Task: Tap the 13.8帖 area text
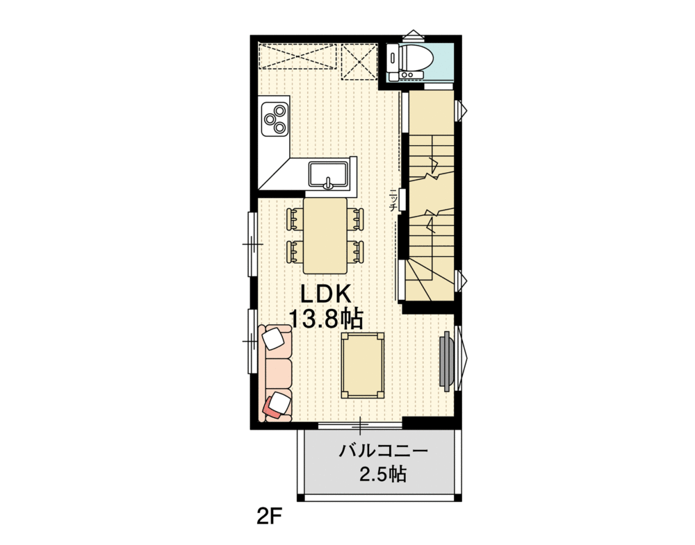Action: click(325, 319)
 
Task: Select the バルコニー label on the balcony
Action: click(383, 451)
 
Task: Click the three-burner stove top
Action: click(275, 118)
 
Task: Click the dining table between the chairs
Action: click(325, 235)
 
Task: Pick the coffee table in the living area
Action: click(362, 365)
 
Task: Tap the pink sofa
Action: click(277, 372)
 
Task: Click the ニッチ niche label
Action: click(393, 200)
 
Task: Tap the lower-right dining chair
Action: click(357, 251)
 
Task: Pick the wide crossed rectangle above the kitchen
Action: click(297, 56)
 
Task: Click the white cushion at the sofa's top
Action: click(274, 338)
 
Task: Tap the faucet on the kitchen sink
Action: click(329, 183)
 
